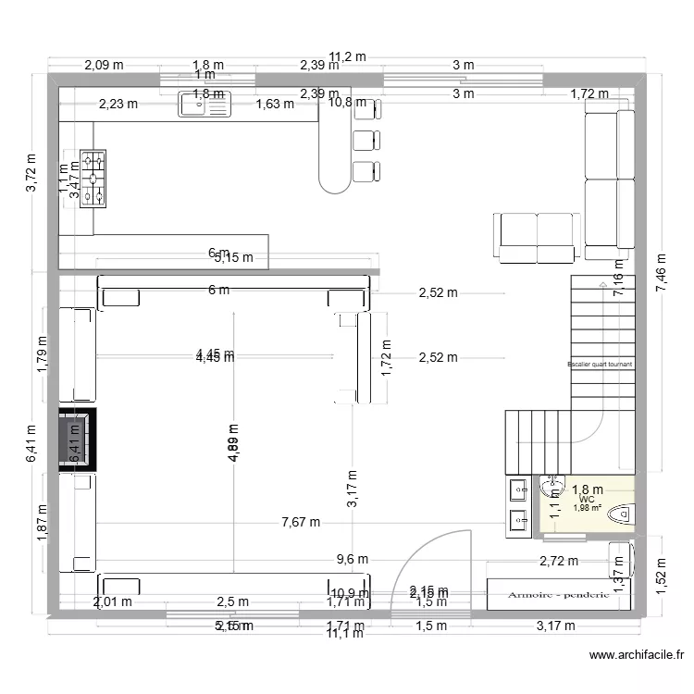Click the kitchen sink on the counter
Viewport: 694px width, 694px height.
click(204, 105)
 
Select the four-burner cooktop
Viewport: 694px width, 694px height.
click(93, 178)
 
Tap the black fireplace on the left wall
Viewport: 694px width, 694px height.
click(76, 440)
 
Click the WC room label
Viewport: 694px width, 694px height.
click(588, 499)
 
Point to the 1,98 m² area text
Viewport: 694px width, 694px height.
click(588, 508)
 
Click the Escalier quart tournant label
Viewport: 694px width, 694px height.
click(600, 365)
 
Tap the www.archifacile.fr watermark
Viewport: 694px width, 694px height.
click(637, 655)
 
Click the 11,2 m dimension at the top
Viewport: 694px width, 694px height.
click(349, 56)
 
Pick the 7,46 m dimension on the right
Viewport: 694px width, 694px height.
click(660, 275)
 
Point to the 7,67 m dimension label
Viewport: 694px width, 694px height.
click(301, 522)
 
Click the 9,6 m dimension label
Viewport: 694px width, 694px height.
click(352, 559)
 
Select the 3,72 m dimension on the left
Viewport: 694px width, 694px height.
click(31, 173)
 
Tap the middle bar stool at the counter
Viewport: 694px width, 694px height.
click(366, 140)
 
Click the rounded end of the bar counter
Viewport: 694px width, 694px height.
click(333, 178)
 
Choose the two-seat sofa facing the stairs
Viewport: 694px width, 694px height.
click(537, 235)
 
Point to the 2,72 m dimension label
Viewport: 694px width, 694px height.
click(559, 561)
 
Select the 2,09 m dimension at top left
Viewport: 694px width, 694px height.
click(104, 65)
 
